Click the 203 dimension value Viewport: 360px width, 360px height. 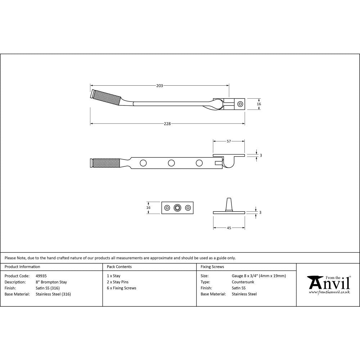coord(159,86)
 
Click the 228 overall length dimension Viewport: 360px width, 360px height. coord(167,124)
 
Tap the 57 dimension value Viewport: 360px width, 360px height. coord(229,141)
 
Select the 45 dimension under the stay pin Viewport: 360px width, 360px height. coord(229,228)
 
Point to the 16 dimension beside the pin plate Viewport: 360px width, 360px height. coord(149,208)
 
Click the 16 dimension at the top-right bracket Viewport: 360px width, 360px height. coord(258,104)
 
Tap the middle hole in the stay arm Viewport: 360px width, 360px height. coord(171,163)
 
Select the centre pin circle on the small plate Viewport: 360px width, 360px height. coord(177,208)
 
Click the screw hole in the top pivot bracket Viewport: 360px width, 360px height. coord(240,104)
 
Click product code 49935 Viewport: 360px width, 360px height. coord(41,276)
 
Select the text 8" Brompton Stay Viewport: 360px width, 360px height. coord(51,282)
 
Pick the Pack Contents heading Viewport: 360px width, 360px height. coord(119,267)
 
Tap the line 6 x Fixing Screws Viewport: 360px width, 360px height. coord(122,288)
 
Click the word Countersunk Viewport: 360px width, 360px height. coord(243,282)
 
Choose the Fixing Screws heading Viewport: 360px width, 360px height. coord(212,267)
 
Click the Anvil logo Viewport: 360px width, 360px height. coord(328,284)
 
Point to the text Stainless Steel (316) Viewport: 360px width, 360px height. coord(53,294)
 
